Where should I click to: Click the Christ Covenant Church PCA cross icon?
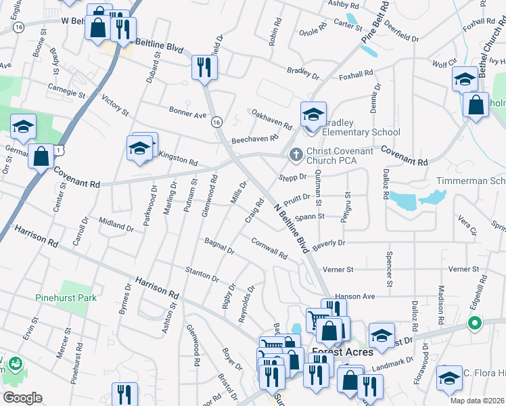point(295,155)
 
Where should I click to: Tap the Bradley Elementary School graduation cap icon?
point(313,114)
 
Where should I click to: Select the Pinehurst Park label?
point(66,298)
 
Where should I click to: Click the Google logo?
point(22,398)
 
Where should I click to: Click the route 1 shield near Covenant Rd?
point(59,149)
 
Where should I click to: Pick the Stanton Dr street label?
point(202,274)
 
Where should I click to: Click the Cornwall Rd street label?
point(269,248)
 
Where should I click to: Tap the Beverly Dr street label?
point(329,242)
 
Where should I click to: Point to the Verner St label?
point(338,269)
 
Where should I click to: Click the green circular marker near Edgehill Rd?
point(474,324)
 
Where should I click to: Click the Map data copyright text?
point(476,401)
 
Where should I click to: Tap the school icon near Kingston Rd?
point(139,148)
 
